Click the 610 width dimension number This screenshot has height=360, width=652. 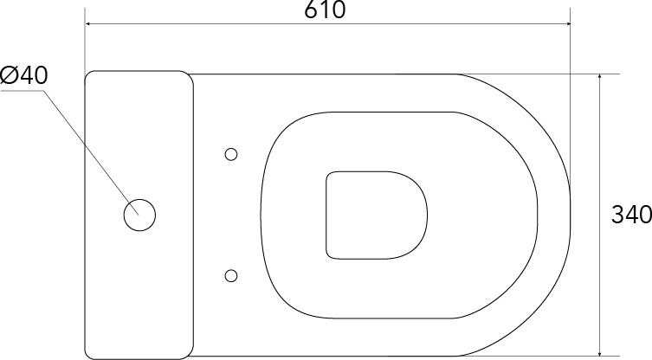[x=325, y=10]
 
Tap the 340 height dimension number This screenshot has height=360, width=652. [x=631, y=215]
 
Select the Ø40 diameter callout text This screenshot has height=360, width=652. [x=23, y=75]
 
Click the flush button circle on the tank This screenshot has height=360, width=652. [x=139, y=215]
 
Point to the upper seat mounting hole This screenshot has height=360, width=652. [x=231, y=155]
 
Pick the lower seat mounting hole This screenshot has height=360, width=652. [x=231, y=275]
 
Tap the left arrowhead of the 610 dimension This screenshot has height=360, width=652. [x=89, y=23]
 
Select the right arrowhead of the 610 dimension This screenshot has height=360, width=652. [x=566, y=23]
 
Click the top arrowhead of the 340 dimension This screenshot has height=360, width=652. [x=599, y=78]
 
